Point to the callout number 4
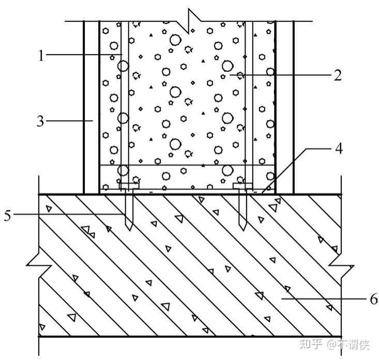(x=338, y=149)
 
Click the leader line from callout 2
(x=279, y=75)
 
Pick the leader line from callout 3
(x=70, y=121)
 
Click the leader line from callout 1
(x=83, y=55)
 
